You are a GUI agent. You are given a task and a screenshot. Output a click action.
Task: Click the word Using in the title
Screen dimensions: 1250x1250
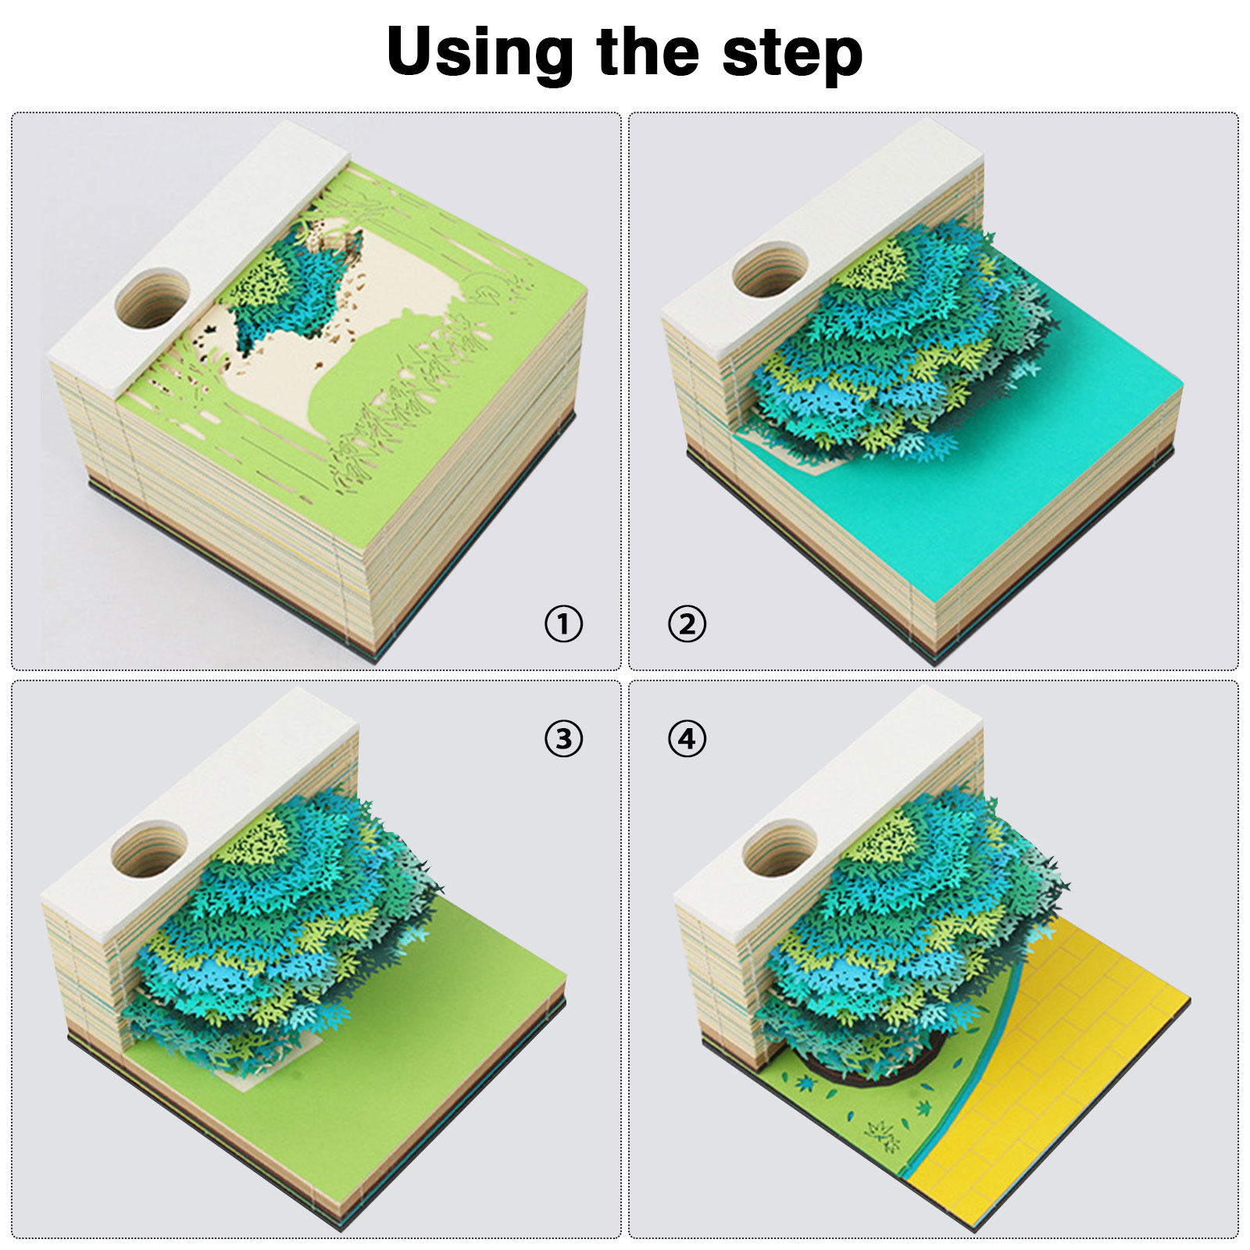(480, 53)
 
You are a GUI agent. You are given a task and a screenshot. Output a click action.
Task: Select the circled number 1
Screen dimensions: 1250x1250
(563, 624)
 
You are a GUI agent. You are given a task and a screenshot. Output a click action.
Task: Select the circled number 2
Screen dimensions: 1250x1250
(687, 624)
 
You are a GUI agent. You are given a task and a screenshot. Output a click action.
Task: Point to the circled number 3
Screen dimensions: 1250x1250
(563, 738)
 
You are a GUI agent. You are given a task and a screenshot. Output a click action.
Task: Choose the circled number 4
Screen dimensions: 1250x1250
(687, 738)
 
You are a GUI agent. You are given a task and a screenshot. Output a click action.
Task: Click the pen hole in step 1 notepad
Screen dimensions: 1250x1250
(152, 298)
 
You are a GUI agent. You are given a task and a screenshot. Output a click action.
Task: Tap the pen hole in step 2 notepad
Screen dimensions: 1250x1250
(770, 270)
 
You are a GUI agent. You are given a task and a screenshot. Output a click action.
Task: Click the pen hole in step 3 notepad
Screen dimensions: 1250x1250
(149, 848)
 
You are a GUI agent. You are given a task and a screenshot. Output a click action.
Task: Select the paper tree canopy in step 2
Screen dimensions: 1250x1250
(898, 336)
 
